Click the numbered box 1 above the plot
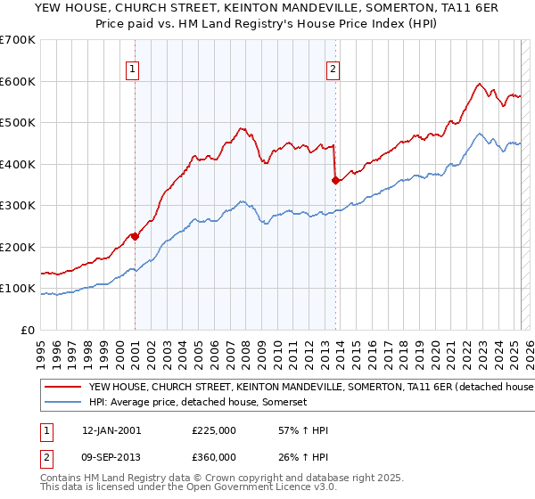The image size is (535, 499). [x=132, y=70]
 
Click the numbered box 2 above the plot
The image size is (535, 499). [x=333, y=70]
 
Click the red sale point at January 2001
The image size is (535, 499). [x=135, y=236]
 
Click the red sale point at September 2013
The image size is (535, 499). [x=335, y=180]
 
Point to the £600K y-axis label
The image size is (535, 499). [x=17, y=81]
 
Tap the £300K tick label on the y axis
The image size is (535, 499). [x=17, y=206]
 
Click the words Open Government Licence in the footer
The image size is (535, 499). [x=253, y=489]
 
